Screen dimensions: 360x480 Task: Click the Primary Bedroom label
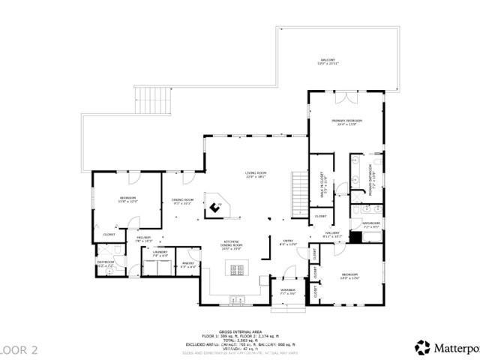(x=346, y=121)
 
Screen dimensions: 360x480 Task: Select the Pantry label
(x=187, y=263)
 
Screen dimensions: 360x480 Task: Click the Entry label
(x=288, y=241)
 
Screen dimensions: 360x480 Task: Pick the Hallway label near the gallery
(x=332, y=232)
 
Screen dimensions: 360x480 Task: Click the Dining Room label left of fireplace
(x=184, y=199)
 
